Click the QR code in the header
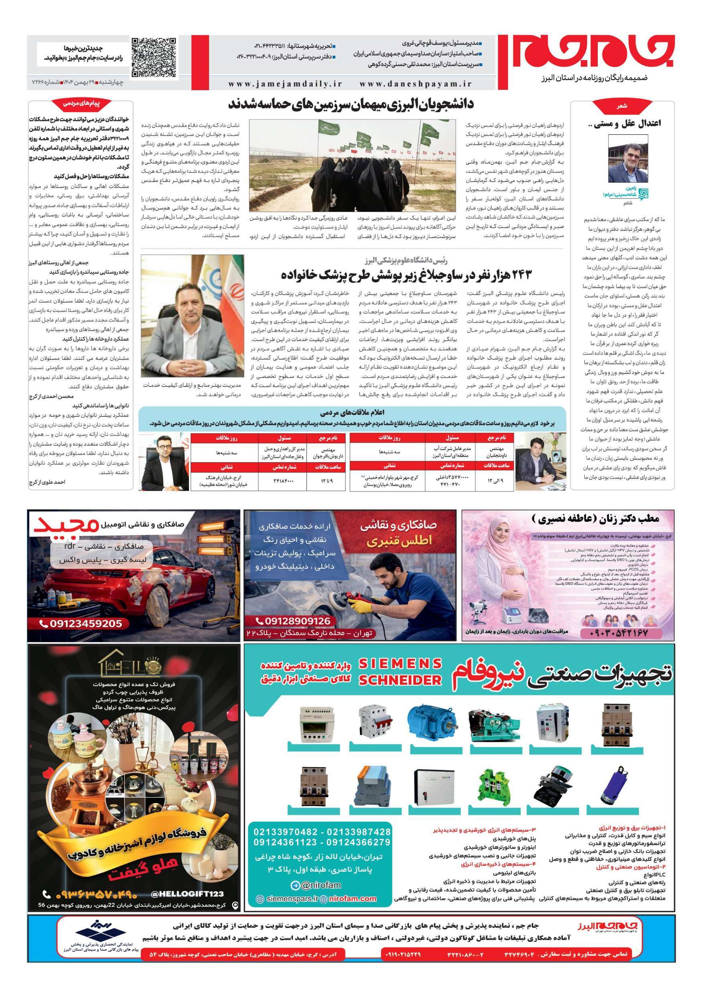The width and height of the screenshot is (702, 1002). [x=154, y=58]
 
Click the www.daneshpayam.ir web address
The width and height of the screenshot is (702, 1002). [x=416, y=84]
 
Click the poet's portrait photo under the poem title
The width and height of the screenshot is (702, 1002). [x=628, y=159]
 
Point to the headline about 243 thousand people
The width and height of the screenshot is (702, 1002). [x=406, y=275]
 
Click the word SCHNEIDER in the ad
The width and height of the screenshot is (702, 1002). [x=400, y=679]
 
